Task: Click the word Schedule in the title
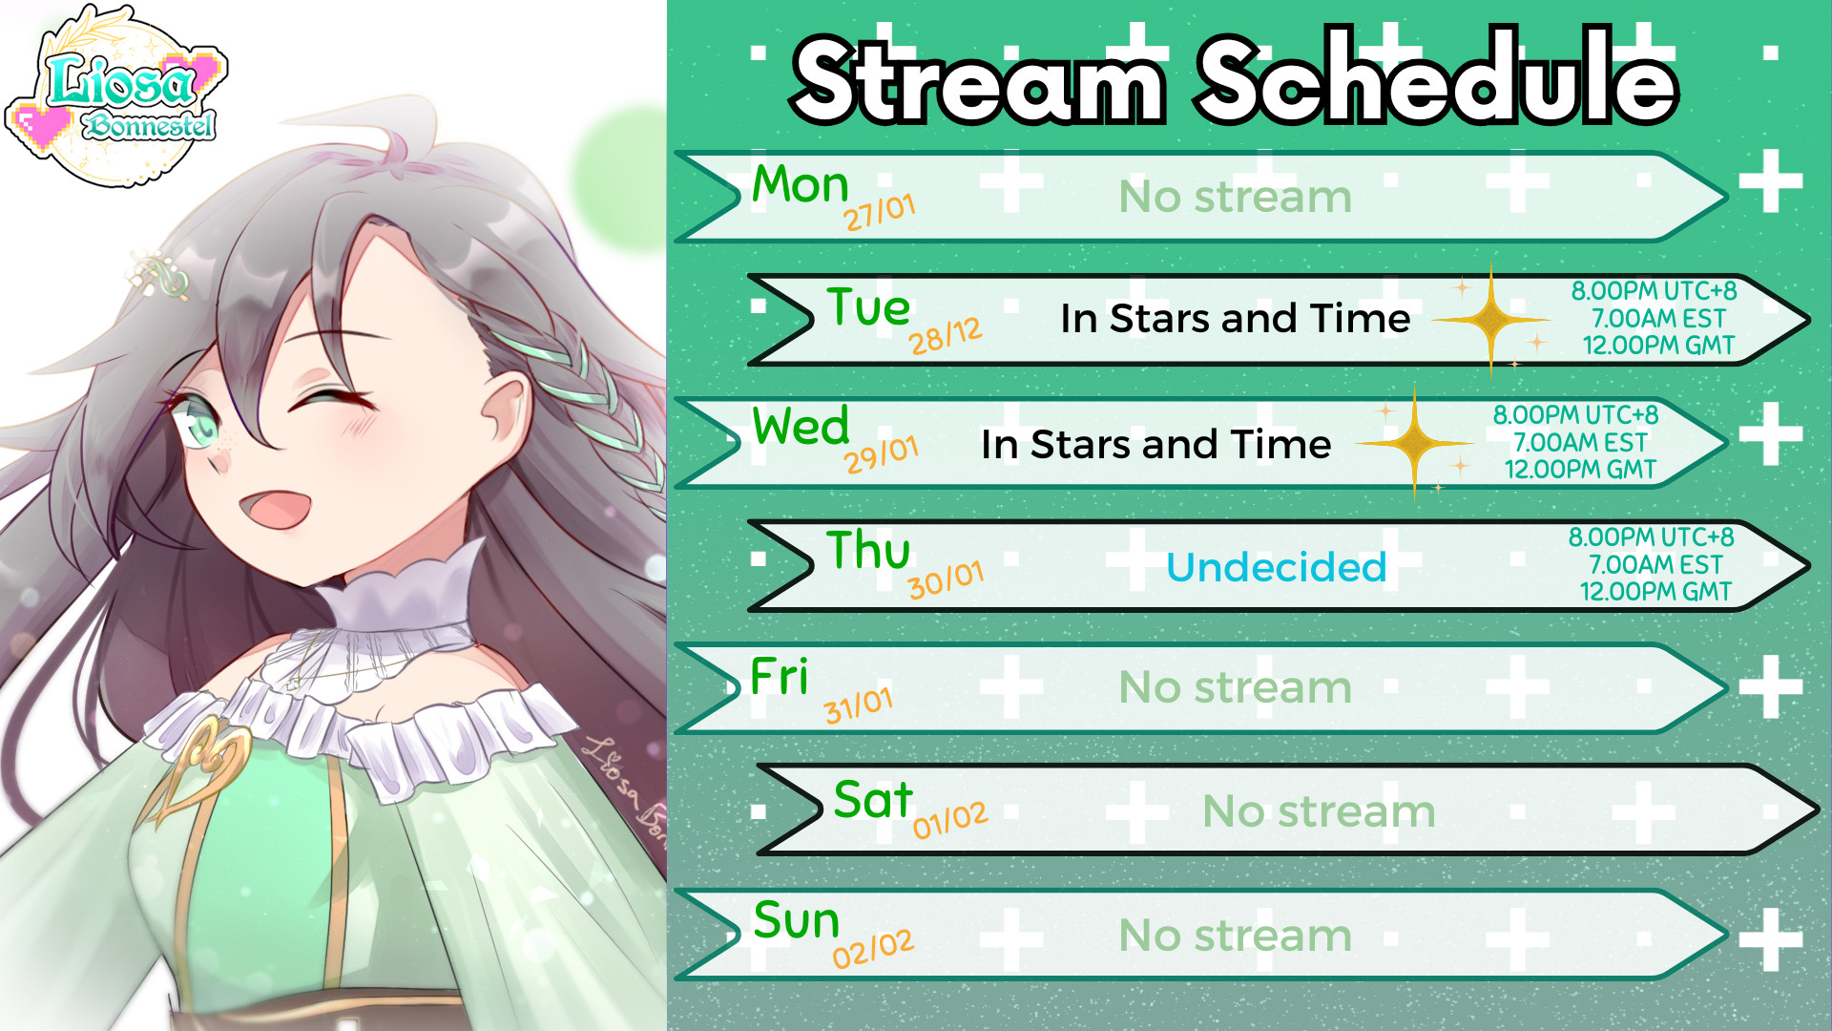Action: [x=1437, y=79]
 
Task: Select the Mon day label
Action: [x=800, y=184]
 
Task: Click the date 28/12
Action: [x=945, y=336]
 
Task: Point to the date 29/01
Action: [x=881, y=454]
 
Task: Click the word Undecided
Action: [x=1276, y=567]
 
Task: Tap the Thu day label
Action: [x=868, y=551]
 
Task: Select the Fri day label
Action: [x=780, y=677]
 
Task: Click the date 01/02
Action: [x=949, y=820]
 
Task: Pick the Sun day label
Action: [x=796, y=920]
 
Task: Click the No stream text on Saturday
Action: [x=1319, y=811]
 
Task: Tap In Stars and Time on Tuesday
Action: [x=1235, y=319]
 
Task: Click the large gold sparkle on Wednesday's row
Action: [x=1414, y=443]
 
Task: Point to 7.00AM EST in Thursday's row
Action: [x=1655, y=565]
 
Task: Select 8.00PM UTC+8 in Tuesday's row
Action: [x=1655, y=291]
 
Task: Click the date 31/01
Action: [x=859, y=705]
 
